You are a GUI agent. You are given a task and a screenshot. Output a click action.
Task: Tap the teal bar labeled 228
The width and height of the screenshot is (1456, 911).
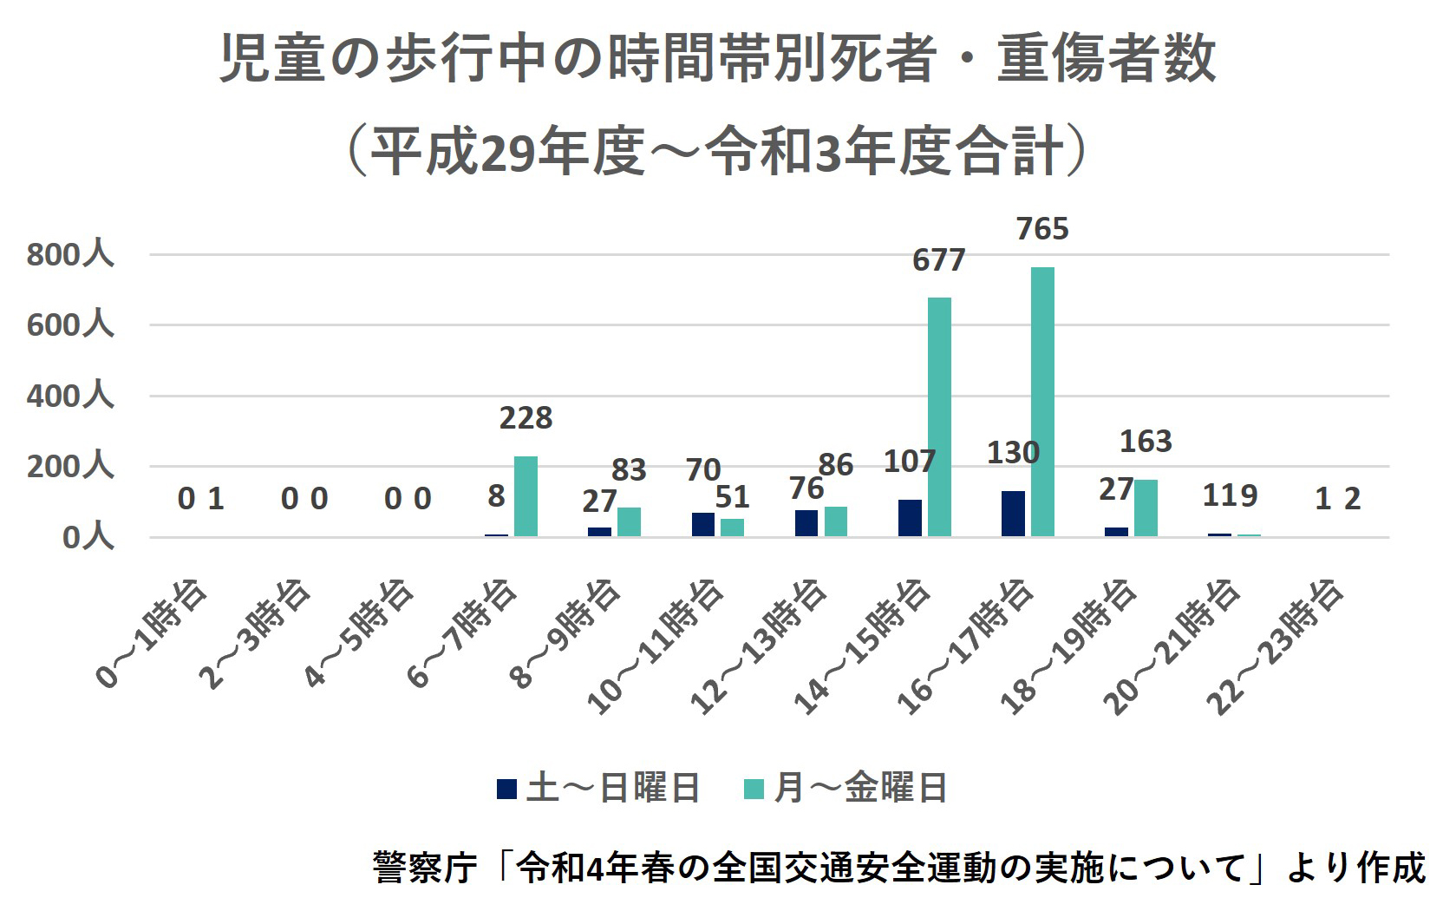pos(526,496)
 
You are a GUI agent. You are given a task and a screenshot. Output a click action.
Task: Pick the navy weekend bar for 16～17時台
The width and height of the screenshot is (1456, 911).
pos(1013,514)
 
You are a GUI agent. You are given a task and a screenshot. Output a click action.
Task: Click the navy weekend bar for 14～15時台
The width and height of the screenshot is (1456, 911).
pos(910,518)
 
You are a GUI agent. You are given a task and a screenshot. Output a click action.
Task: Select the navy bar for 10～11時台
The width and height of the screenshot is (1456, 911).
pos(703,524)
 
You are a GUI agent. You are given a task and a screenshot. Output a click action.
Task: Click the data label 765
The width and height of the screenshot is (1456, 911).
pos(1042,229)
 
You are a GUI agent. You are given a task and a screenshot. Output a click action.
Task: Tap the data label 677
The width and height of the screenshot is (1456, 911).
pos(938,260)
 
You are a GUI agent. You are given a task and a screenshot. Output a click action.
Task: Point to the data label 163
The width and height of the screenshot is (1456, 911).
pos(1146,442)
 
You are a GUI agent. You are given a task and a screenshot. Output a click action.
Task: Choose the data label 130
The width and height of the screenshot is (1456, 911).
pos(1013,453)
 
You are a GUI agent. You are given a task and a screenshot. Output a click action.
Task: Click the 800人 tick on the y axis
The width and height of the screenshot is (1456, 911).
pos(70,255)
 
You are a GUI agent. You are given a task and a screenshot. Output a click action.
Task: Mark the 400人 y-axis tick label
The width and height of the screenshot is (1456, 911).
pos(70,397)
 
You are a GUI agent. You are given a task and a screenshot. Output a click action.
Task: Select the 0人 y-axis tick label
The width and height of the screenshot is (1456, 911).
pos(88,538)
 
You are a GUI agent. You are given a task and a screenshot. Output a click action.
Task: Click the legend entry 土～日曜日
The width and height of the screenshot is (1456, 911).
pos(598,789)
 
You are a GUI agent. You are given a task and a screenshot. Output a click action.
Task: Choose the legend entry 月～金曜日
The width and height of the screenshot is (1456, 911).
pos(846,789)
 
